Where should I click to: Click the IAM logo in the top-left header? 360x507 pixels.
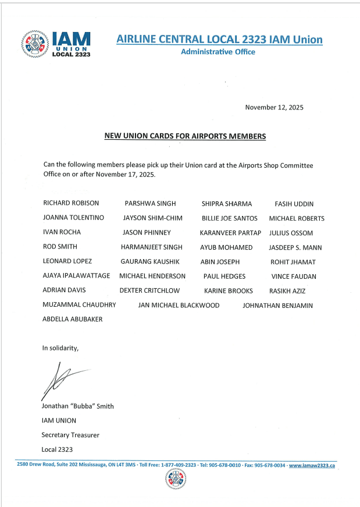56,43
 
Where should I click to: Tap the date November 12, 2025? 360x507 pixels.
274,107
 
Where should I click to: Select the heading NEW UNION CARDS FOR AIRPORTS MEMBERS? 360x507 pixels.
184,136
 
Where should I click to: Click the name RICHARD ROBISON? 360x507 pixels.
71,204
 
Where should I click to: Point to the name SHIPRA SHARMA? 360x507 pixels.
226,204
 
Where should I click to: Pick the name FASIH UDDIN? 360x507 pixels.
294,204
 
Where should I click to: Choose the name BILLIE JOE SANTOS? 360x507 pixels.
229,218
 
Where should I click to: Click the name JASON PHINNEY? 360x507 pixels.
146,233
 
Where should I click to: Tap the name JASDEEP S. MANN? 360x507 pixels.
295,247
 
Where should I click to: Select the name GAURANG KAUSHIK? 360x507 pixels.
150,262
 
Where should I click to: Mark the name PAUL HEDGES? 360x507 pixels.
224,276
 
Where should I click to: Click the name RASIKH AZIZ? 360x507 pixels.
287,290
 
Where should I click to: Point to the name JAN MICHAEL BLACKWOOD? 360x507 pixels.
179,305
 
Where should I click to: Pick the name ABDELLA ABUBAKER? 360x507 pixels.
72,320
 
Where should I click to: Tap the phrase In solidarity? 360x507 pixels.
60,348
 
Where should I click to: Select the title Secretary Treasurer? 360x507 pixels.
70,435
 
